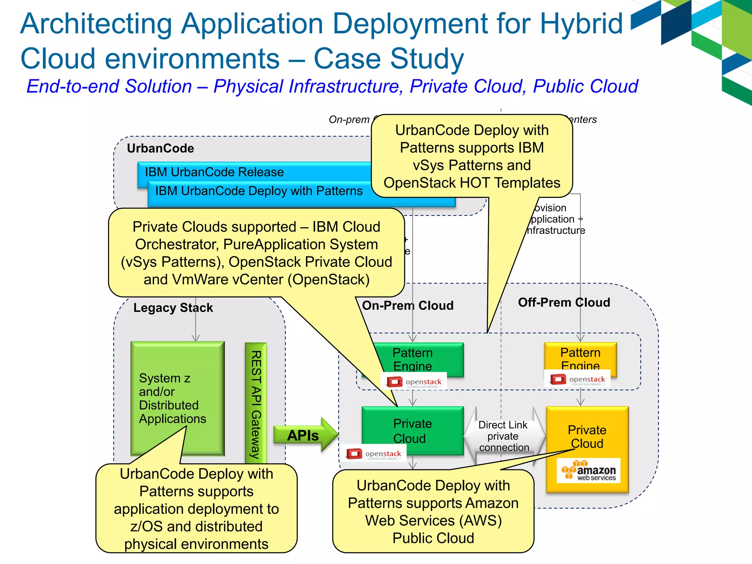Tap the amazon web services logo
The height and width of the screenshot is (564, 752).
[x=589, y=470]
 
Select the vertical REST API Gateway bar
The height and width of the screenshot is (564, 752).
[x=256, y=404]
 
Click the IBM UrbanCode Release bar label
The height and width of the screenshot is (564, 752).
[x=214, y=172]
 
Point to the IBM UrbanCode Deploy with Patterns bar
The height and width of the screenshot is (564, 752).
[x=259, y=191]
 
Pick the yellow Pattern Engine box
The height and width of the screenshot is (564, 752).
[x=580, y=356]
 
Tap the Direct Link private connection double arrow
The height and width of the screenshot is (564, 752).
[x=504, y=436]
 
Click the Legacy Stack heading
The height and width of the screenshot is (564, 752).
[x=173, y=308]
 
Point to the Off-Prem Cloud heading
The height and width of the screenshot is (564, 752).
[x=564, y=303]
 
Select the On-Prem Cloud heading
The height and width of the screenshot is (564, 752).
[x=408, y=305]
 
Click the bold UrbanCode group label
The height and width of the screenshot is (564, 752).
[x=160, y=148]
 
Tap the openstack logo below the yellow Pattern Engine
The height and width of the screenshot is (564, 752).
[x=577, y=379]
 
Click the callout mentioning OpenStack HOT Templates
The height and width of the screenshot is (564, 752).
[x=471, y=156]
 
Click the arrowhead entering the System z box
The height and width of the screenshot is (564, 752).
[x=196, y=338]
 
